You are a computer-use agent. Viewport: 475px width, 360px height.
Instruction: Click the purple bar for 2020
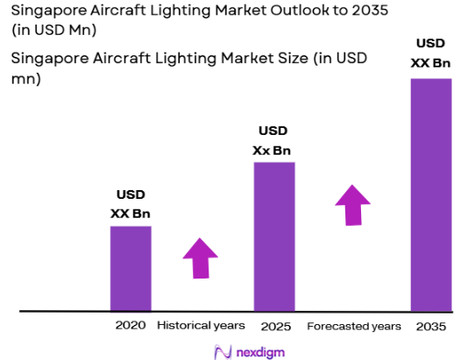[130, 268]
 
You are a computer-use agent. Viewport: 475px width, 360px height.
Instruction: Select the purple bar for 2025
[273, 236]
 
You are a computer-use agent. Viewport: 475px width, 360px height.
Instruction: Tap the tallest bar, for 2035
[430, 194]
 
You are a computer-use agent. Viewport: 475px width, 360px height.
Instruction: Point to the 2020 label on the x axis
[130, 326]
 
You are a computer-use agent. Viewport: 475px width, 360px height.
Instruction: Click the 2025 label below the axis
[273, 326]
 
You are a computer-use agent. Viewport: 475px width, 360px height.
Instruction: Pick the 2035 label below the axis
[430, 326]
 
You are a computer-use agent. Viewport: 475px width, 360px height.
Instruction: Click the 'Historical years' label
[201, 326]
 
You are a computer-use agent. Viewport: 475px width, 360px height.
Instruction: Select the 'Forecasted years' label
[354, 326]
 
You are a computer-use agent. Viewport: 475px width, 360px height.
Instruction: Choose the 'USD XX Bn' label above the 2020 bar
[130, 203]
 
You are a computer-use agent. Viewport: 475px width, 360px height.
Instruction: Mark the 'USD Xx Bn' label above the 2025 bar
[273, 140]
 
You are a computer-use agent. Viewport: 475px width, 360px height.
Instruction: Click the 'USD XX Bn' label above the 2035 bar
[430, 52]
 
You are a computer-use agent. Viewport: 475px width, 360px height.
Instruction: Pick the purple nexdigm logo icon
[223, 350]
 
